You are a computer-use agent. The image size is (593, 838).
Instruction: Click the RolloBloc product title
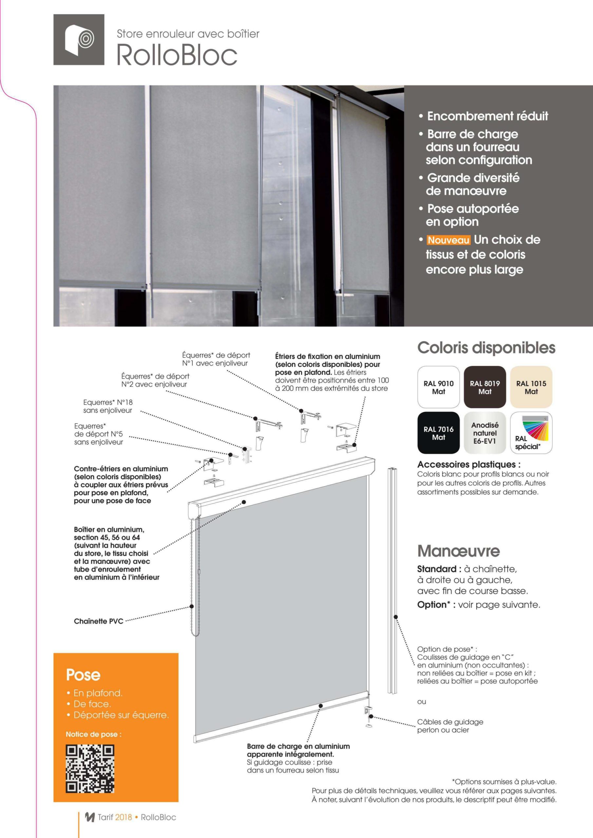(x=177, y=55)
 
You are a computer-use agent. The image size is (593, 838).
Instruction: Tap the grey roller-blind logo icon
(x=79, y=40)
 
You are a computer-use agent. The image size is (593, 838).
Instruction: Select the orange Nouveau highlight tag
(x=449, y=240)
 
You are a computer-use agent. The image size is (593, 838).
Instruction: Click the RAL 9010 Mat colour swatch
(x=438, y=387)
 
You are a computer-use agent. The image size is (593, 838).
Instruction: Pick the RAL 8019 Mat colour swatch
(x=485, y=387)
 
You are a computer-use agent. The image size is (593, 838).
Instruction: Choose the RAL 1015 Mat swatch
(x=531, y=387)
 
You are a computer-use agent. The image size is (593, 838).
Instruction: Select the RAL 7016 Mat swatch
(x=438, y=433)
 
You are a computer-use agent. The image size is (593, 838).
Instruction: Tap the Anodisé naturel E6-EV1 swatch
(x=485, y=433)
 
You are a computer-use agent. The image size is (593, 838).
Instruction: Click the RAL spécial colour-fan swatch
(x=531, y=433)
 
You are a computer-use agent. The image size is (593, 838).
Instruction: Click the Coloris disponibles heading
(x=486, y=347)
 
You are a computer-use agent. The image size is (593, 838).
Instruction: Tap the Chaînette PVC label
(x=99, y=621)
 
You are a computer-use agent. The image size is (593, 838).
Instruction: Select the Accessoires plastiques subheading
(x=469, y=465)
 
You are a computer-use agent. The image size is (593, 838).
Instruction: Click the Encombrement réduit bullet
(x=488, y=116)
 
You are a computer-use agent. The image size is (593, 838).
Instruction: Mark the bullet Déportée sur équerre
(x=121, y=715)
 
